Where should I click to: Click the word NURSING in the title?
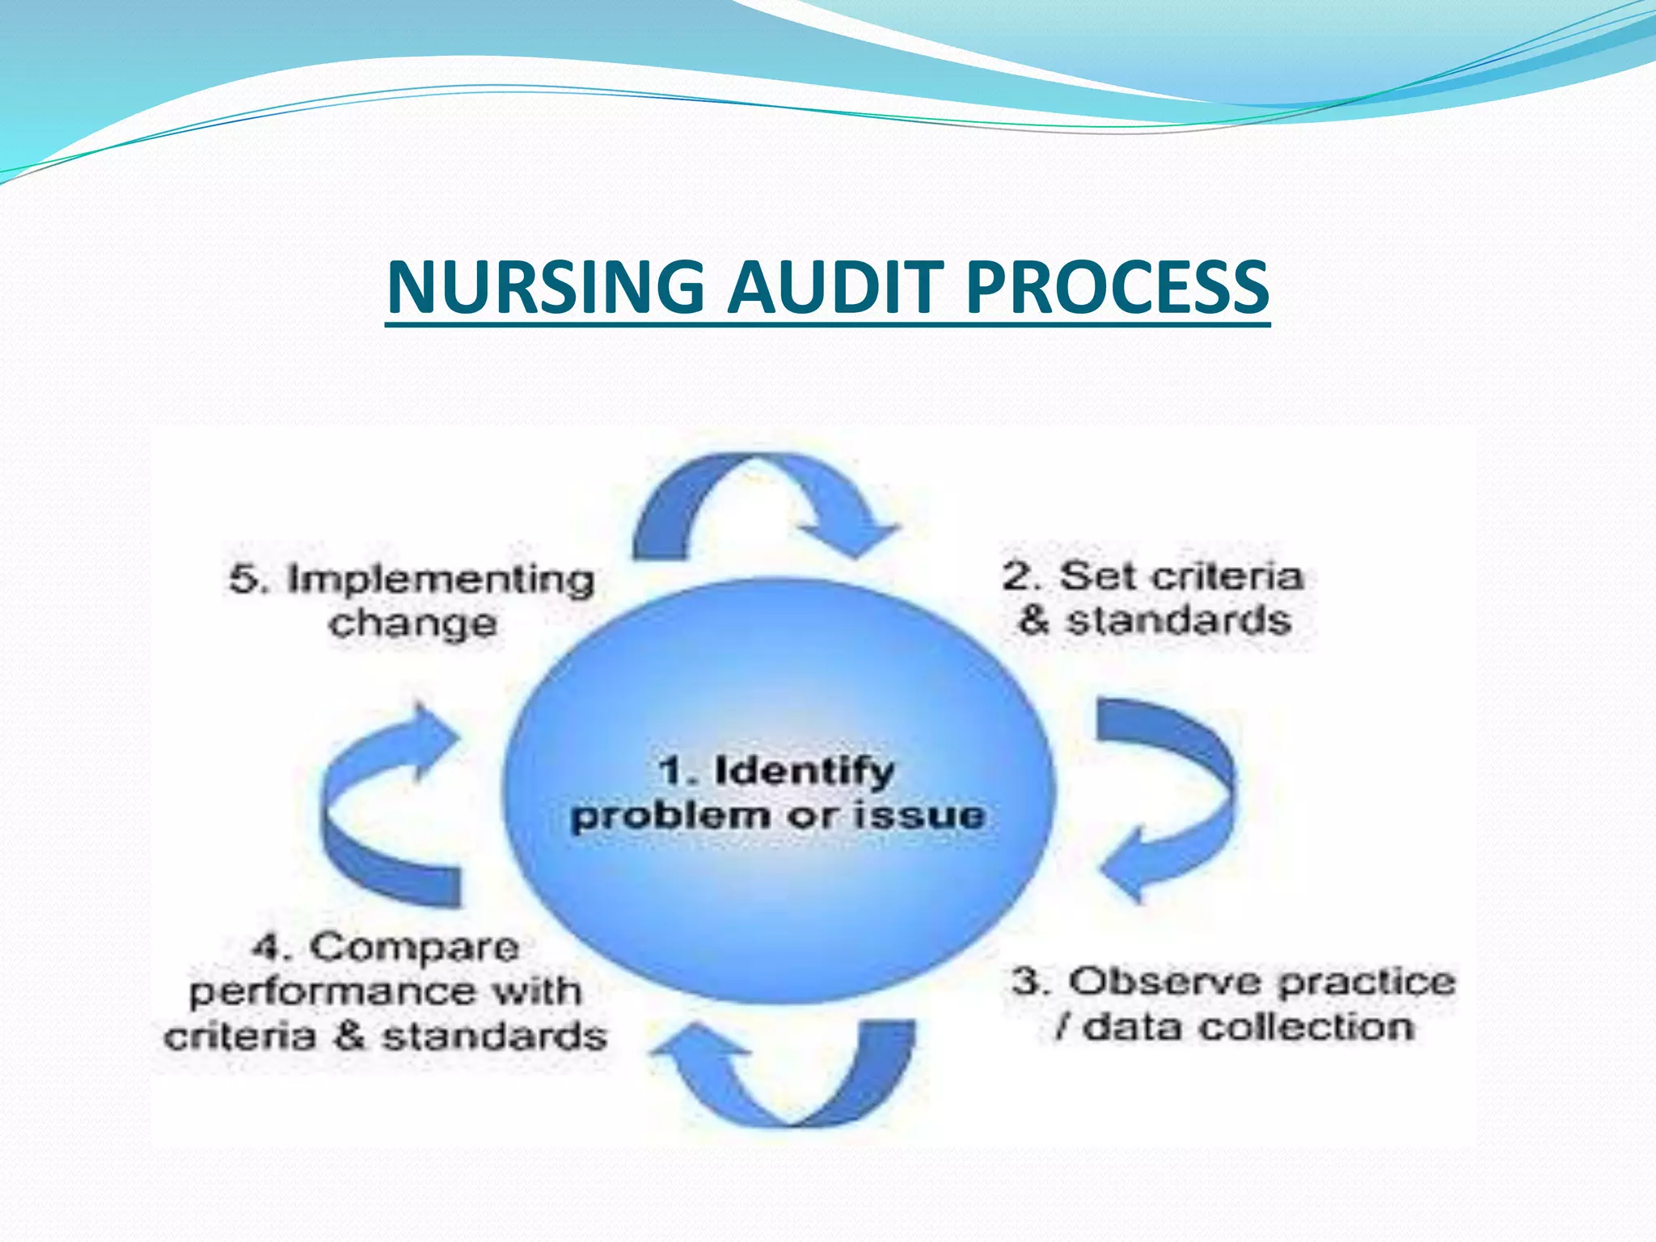click(x=547, y=287)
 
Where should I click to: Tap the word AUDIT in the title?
click(x=835, y=287)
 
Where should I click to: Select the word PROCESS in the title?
click(x=1117, y=287)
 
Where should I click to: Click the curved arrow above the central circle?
click(x=760, y=501)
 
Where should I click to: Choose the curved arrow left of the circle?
click(x=380, y=809)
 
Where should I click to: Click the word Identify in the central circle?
click(x=805, y=771)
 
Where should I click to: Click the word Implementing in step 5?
click(x=441, y=580)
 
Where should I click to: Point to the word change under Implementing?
click(x=412, y=623)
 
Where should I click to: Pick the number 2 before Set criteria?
click(x=1019, y=577)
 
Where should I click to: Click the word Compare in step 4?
click(x=414, y=947)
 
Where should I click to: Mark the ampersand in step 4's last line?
click(x=349, y=1037)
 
